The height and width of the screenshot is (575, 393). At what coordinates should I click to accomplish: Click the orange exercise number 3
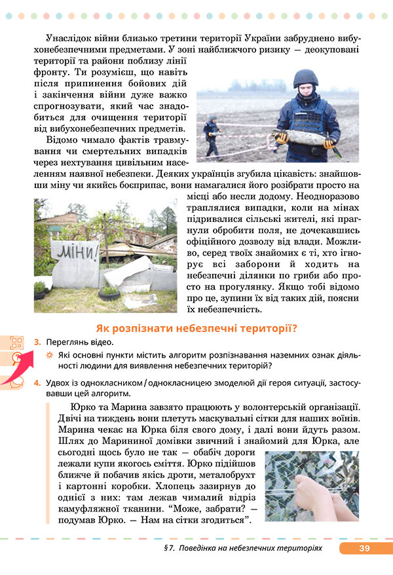(37, 343)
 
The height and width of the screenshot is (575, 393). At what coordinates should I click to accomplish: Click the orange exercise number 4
(37, 382)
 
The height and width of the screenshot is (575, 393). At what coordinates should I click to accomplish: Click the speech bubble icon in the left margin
(17, 380)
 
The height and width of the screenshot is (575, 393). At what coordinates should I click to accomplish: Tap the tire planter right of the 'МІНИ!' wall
(110, 291)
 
